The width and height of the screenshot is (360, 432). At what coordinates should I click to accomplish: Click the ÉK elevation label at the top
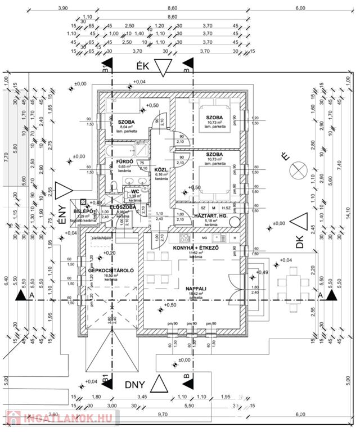point(142,66)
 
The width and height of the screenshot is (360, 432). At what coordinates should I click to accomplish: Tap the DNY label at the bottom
point(135,385)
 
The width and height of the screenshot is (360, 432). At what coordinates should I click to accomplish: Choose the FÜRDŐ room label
point(124,161)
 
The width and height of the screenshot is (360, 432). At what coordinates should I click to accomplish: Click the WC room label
point(135,191)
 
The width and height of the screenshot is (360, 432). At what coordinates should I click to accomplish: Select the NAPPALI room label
point(196,289)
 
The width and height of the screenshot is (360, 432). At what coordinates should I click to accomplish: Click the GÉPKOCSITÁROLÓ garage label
point(110,271)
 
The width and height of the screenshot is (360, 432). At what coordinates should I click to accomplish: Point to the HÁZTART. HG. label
point(210,216)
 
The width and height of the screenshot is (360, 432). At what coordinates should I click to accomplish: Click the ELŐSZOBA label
point(121,207)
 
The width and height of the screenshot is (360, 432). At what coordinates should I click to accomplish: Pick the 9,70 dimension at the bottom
point(163,414)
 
